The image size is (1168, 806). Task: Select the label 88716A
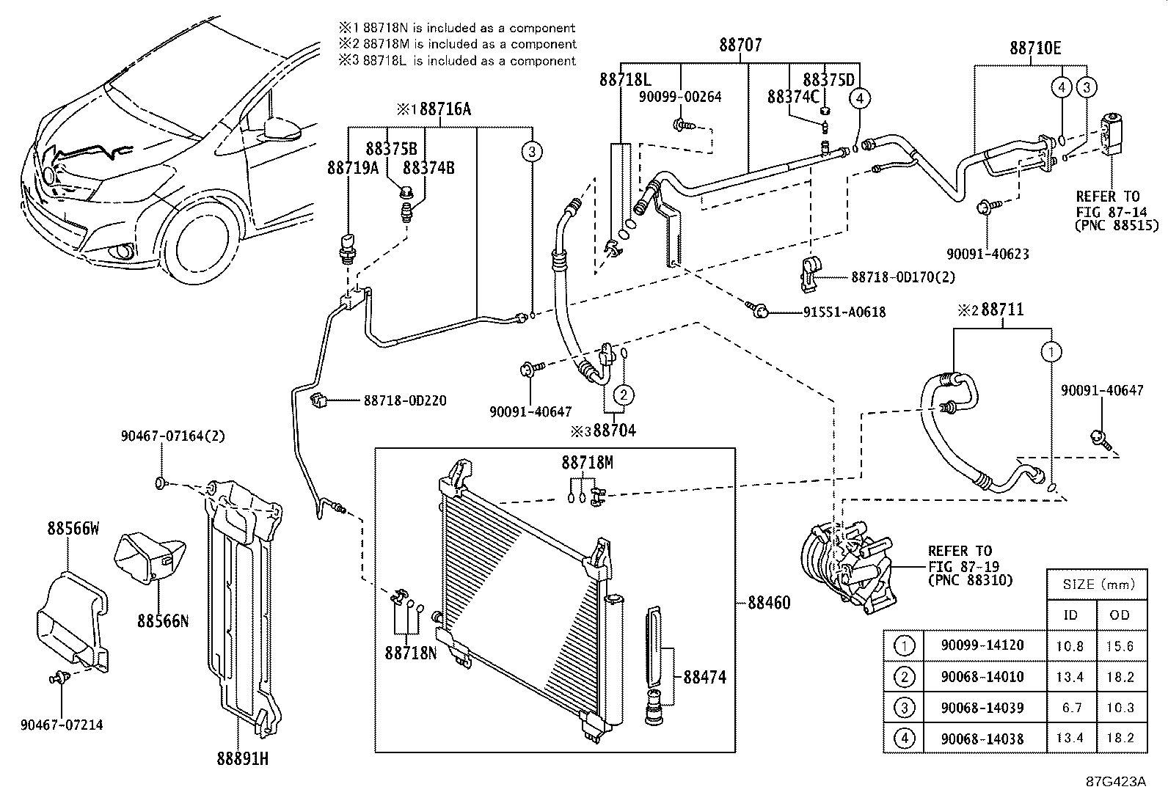click(445, 109)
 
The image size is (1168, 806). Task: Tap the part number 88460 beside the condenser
click(769, 603)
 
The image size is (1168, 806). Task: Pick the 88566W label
click(73, 529)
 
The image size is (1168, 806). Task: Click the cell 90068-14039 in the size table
click(982, 708)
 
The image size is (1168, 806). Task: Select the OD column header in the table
click(1120, 615)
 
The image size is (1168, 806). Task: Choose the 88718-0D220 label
click(404, 401)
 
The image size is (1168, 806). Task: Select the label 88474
click(704, 677)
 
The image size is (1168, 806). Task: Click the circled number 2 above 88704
click(623, 395)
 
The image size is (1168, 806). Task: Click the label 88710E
click(1034, 48)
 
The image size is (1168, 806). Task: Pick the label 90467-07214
click(62, 725)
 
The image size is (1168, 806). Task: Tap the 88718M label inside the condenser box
click(587, 463)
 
